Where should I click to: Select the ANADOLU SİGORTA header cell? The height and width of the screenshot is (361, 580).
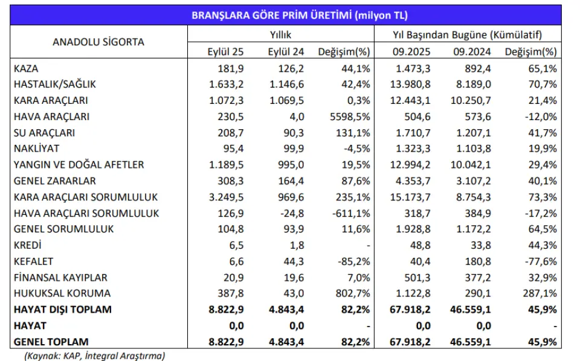(98, 42)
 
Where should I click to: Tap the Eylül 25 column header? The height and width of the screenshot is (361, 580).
(224, 51)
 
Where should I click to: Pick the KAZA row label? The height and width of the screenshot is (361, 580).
(26, 68)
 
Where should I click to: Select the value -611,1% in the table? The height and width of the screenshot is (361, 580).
(352, 213)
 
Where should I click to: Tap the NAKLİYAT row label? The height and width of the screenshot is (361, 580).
(36, 149)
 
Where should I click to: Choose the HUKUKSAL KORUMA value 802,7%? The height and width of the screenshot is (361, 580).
(353, 293)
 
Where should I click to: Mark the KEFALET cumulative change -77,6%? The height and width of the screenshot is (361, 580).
(541, 261)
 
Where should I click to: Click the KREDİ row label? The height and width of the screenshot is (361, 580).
(27, 245)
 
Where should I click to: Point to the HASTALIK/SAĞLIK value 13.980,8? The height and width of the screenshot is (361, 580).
(411, 85)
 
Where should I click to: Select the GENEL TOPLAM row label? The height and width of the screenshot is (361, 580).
(51, 342)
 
